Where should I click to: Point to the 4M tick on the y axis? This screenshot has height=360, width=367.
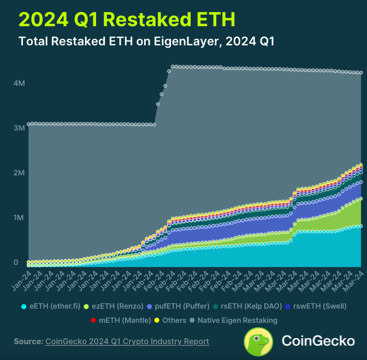click(x=19, y=83)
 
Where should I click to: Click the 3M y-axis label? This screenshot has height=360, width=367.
click(x=19, y=128)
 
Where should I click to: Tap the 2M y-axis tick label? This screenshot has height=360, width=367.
click(x=19, y=173)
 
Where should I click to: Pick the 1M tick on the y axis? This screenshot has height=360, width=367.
click(x=19, y=218)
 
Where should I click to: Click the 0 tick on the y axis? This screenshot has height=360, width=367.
click(x=16, y=263)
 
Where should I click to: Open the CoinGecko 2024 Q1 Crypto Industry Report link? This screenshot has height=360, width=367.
click(x=127, y=341)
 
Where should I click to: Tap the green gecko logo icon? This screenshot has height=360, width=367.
click(x=258, y=341)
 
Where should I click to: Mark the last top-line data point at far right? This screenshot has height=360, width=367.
click(x=360, y=73)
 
